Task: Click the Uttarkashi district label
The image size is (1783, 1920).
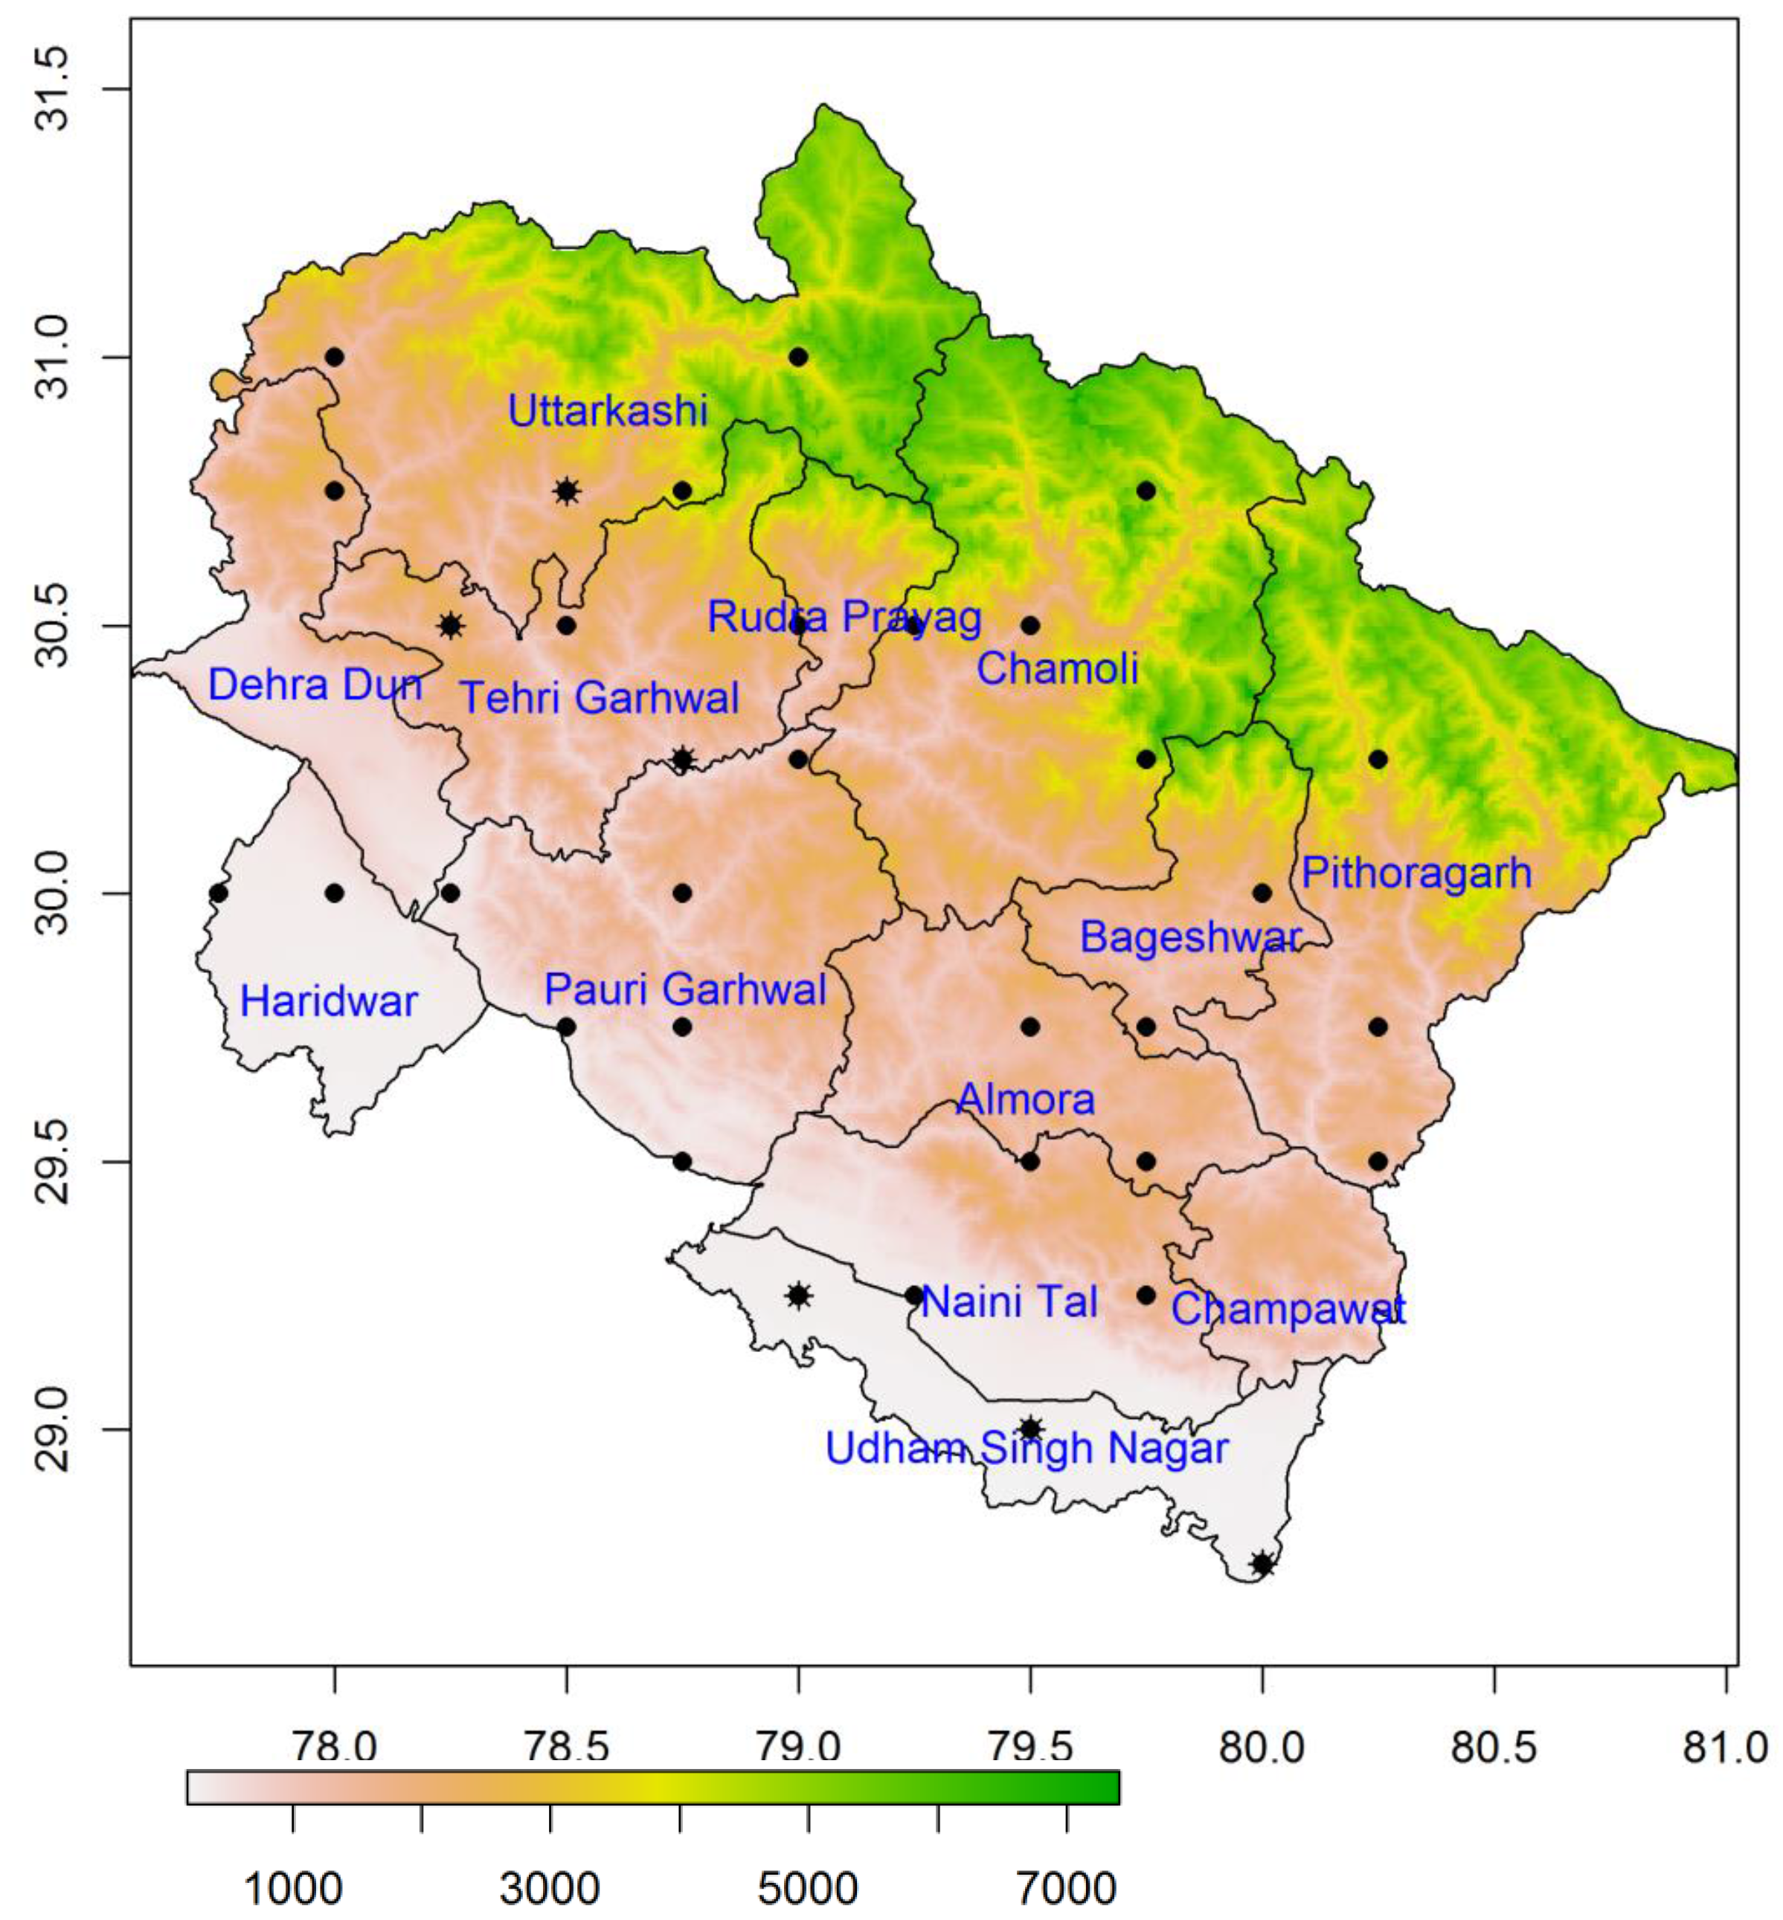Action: pos(608,412)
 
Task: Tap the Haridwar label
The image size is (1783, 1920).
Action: pos(328,1002)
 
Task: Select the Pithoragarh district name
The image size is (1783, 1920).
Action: pos(1416,873)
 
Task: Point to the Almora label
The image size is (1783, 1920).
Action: pos(1026,1099)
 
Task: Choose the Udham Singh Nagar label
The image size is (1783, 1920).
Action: pos(1027,1449)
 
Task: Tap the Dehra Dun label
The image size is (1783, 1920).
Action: pos(315,685)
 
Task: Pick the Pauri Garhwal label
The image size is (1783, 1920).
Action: pos(685,989)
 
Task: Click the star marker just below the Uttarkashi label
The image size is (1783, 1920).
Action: pos(566,491)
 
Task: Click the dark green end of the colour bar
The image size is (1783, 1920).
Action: pos(1105,1787)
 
